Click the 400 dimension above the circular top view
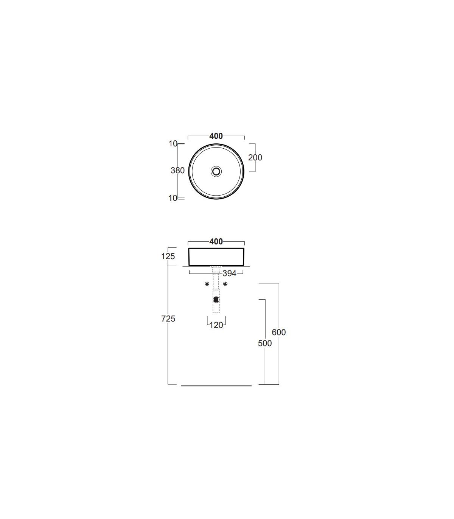[x=216, y=136]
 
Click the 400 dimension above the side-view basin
[x=216, y=241]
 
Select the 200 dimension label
[x=255, y=157]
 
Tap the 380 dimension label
[x=177, y=171]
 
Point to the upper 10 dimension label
[x=173, y=144]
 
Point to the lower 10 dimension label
[x=173, y=198]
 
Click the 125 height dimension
[x=168, y=256]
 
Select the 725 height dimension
[x=168, y=319]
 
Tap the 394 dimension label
[x=229, y=273]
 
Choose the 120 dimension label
[x=216, y=325]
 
